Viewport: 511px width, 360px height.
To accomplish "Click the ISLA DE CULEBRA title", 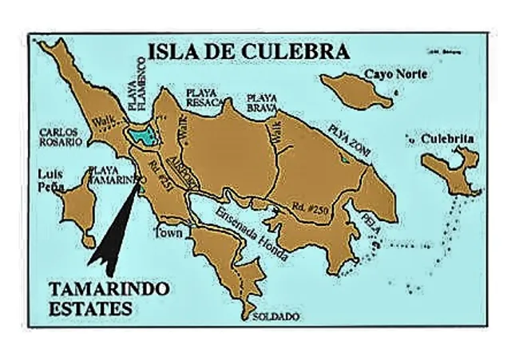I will pos(248,52).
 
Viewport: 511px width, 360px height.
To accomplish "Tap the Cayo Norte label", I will pos(395,73).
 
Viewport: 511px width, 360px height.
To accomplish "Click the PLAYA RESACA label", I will pos(202,97).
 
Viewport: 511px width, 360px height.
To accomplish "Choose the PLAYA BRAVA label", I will pos(261,101).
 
